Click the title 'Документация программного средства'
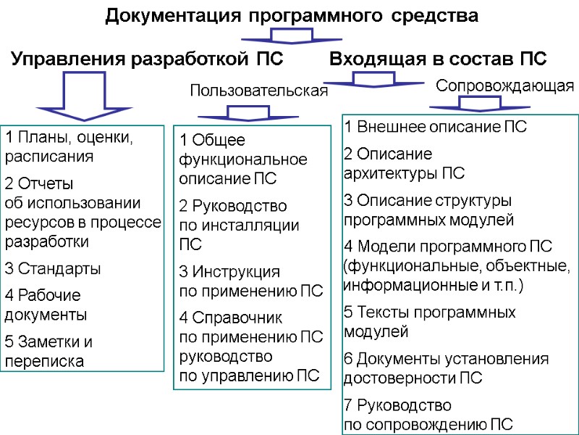(x=292, y=16)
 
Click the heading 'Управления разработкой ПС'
(x=147, y=59)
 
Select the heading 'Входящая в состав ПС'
(x=438, y=59)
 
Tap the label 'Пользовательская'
(x=258, y=91)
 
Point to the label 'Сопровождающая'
(x=504, y=86)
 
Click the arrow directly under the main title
(x=291, y=36)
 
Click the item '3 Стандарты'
(x=53, y=269)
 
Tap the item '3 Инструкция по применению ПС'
(x=250, y=283)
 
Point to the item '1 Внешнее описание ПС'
(x=436, y=128)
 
